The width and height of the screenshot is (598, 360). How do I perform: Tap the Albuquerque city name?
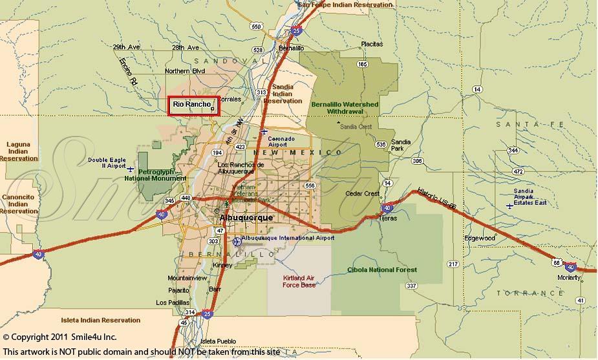[246, 218]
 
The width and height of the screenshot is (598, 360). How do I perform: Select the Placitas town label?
[371, 44]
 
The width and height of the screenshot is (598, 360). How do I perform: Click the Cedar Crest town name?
[363, 194]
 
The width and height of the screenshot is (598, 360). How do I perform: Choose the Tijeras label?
[387, 218]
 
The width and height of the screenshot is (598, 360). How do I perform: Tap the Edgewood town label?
[479, 238]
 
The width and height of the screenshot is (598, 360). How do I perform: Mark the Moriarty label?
[569, 277]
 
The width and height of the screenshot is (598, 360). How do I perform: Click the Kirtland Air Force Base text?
[299, 281]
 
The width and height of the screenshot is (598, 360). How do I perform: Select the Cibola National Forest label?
[382, 270]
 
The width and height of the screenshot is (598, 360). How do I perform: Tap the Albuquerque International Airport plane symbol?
[237, 241]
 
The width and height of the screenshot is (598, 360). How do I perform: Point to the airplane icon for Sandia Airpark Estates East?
[510, 206]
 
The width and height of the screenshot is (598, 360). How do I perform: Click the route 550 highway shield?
[257, 26]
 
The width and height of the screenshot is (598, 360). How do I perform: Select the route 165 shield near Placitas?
[362, 65]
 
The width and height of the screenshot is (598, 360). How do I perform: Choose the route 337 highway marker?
[411, 285]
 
